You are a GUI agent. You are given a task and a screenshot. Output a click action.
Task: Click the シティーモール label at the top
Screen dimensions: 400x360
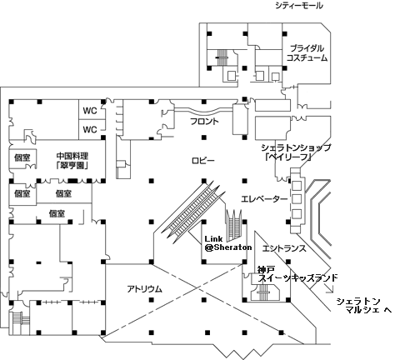pos(299,6)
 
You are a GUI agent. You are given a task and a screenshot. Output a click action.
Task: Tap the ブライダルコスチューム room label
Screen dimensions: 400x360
pos(307,52)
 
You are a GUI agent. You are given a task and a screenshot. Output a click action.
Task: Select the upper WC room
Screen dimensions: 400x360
pos(90,111)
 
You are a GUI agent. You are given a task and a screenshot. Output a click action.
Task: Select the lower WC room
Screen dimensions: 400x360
pos(90,129)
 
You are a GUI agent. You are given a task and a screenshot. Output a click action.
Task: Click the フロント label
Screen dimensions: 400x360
pos(205,122)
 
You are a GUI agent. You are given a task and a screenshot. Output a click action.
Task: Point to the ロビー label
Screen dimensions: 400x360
pos(203,161)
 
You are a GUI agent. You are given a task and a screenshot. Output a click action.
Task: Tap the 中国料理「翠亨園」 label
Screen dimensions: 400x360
pos(72,161)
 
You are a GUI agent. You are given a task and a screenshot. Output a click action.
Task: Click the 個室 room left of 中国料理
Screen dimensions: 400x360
pos(22,158)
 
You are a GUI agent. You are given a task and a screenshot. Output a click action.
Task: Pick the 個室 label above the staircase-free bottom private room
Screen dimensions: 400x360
pos(63,193)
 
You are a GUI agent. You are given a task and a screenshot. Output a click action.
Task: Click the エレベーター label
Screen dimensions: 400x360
pos(264,199)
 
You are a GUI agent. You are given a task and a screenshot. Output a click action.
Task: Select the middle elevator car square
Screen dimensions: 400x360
pos(297,199)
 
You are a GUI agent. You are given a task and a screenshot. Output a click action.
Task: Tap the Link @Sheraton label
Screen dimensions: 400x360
pos(227,243)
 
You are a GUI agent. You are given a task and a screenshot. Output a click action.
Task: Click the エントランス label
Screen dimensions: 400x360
pos(284,248)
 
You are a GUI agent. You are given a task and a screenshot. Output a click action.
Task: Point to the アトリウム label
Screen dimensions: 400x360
pos(144,289)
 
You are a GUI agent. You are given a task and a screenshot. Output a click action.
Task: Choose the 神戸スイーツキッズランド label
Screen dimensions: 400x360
pos(297,273)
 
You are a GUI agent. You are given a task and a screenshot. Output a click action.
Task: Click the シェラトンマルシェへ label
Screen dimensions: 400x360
pos(364,306)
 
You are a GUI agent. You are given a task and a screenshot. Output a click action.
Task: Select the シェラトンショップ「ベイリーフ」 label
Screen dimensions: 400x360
pos(296,152)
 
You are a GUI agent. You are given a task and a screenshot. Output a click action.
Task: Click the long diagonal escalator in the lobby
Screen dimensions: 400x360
pos(193,208)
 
